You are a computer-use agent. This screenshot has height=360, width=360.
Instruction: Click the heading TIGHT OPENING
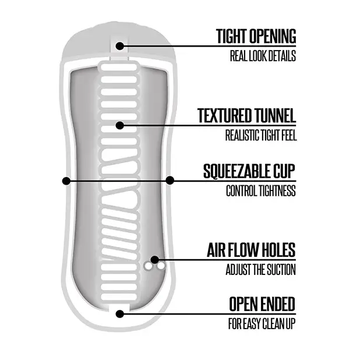click(256, 36)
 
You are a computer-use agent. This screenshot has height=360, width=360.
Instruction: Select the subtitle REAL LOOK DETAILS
click(263, 56)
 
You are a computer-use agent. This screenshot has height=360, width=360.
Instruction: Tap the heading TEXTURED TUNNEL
click(246, 115)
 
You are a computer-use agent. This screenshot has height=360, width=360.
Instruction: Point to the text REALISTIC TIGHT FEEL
click(261, 135)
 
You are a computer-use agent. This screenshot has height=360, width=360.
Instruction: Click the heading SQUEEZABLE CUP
click(249, 171)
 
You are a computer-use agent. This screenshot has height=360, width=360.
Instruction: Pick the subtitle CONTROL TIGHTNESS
click(261, 191)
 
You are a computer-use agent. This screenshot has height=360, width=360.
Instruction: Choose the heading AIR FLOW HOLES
click(251, 250)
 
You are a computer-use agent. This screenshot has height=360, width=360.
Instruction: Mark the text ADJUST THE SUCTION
click(260, 270)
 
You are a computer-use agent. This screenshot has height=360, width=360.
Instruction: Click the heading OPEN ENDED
click(262, 304)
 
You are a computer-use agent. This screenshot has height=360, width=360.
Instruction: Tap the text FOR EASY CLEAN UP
click(262, 324)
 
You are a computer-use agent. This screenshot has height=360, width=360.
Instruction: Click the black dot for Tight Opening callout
click(119, 46)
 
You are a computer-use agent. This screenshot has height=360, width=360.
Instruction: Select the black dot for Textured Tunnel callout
click(119, 125)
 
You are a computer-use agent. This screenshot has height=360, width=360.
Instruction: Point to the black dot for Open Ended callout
click(119, 314)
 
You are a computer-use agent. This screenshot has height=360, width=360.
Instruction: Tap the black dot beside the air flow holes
click(155, 260)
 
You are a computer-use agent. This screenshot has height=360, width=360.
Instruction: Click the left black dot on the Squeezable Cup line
click(66, 181)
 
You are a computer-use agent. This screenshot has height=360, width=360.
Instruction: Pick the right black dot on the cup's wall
click(170, 180)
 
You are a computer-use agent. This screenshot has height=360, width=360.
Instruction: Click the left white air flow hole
click(149, 266)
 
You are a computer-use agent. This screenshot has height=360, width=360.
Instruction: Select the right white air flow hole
click(161, 266)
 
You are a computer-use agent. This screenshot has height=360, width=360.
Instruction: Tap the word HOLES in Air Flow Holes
click(278, 250)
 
